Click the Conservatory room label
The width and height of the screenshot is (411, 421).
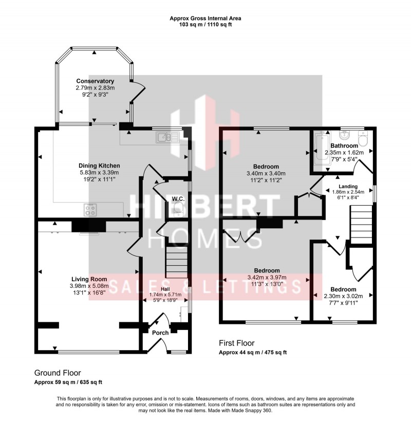click(95, 81)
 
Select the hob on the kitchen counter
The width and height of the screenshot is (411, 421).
click(92, 209)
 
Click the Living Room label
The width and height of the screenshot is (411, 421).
click(88, 279)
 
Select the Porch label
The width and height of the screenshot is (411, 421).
click(160, 333)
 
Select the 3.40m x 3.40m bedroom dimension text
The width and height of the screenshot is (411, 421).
click(266, 173)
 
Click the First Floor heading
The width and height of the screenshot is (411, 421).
click(236, 343)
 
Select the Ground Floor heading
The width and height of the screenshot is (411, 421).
click(58, 373)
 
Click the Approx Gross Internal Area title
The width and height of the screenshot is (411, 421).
click(206, 19)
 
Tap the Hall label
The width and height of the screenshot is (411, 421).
click(166, 289)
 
